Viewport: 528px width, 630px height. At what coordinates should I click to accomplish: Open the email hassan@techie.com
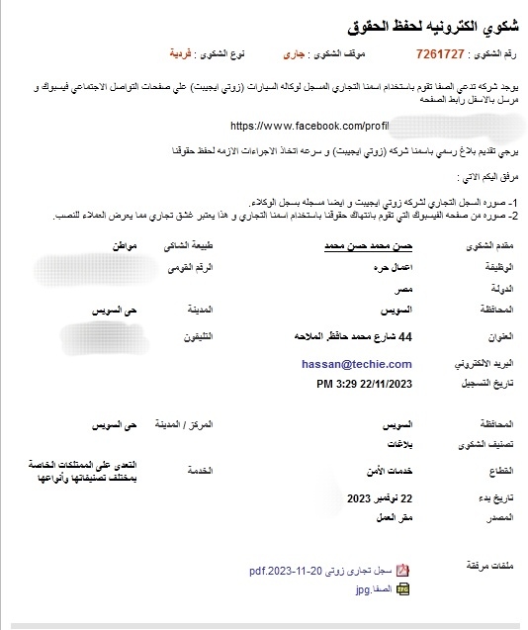356,363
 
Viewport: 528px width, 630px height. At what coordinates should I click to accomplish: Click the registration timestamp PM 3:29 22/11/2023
363,383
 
